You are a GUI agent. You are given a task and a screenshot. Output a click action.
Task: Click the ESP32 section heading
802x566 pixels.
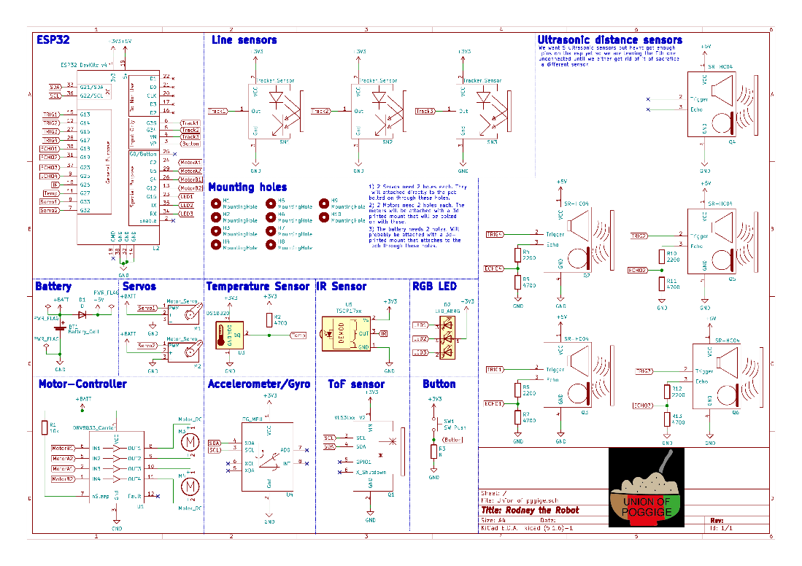point(53,40)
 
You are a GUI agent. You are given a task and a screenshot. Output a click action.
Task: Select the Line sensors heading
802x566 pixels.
point(244,40)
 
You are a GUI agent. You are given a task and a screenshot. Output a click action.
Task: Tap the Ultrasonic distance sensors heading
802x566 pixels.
point(609,40)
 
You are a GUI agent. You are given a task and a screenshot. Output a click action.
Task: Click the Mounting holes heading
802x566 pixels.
point(247,187)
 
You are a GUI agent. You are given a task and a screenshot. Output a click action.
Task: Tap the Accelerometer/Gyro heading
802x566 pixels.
point(258,384)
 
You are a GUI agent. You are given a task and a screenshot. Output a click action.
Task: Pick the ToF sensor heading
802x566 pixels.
point(356,384)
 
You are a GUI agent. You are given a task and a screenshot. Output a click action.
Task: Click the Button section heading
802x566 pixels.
point(439,384)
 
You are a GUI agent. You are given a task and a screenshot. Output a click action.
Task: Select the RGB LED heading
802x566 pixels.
point(434,286)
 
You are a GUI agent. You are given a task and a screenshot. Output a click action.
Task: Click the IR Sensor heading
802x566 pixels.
point(341,286)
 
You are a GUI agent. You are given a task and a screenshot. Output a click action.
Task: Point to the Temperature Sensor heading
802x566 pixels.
point(258,286)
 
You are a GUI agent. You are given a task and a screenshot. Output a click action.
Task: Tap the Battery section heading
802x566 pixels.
point(53,286)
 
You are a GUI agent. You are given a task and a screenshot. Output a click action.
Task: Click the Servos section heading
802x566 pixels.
point(139,286)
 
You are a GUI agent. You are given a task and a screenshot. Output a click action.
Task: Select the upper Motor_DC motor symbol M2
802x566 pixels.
point(189,441)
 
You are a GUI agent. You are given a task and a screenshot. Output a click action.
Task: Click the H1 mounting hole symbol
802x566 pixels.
point(215,203)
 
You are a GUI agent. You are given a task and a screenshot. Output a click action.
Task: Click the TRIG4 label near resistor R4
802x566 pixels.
point(494,235)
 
